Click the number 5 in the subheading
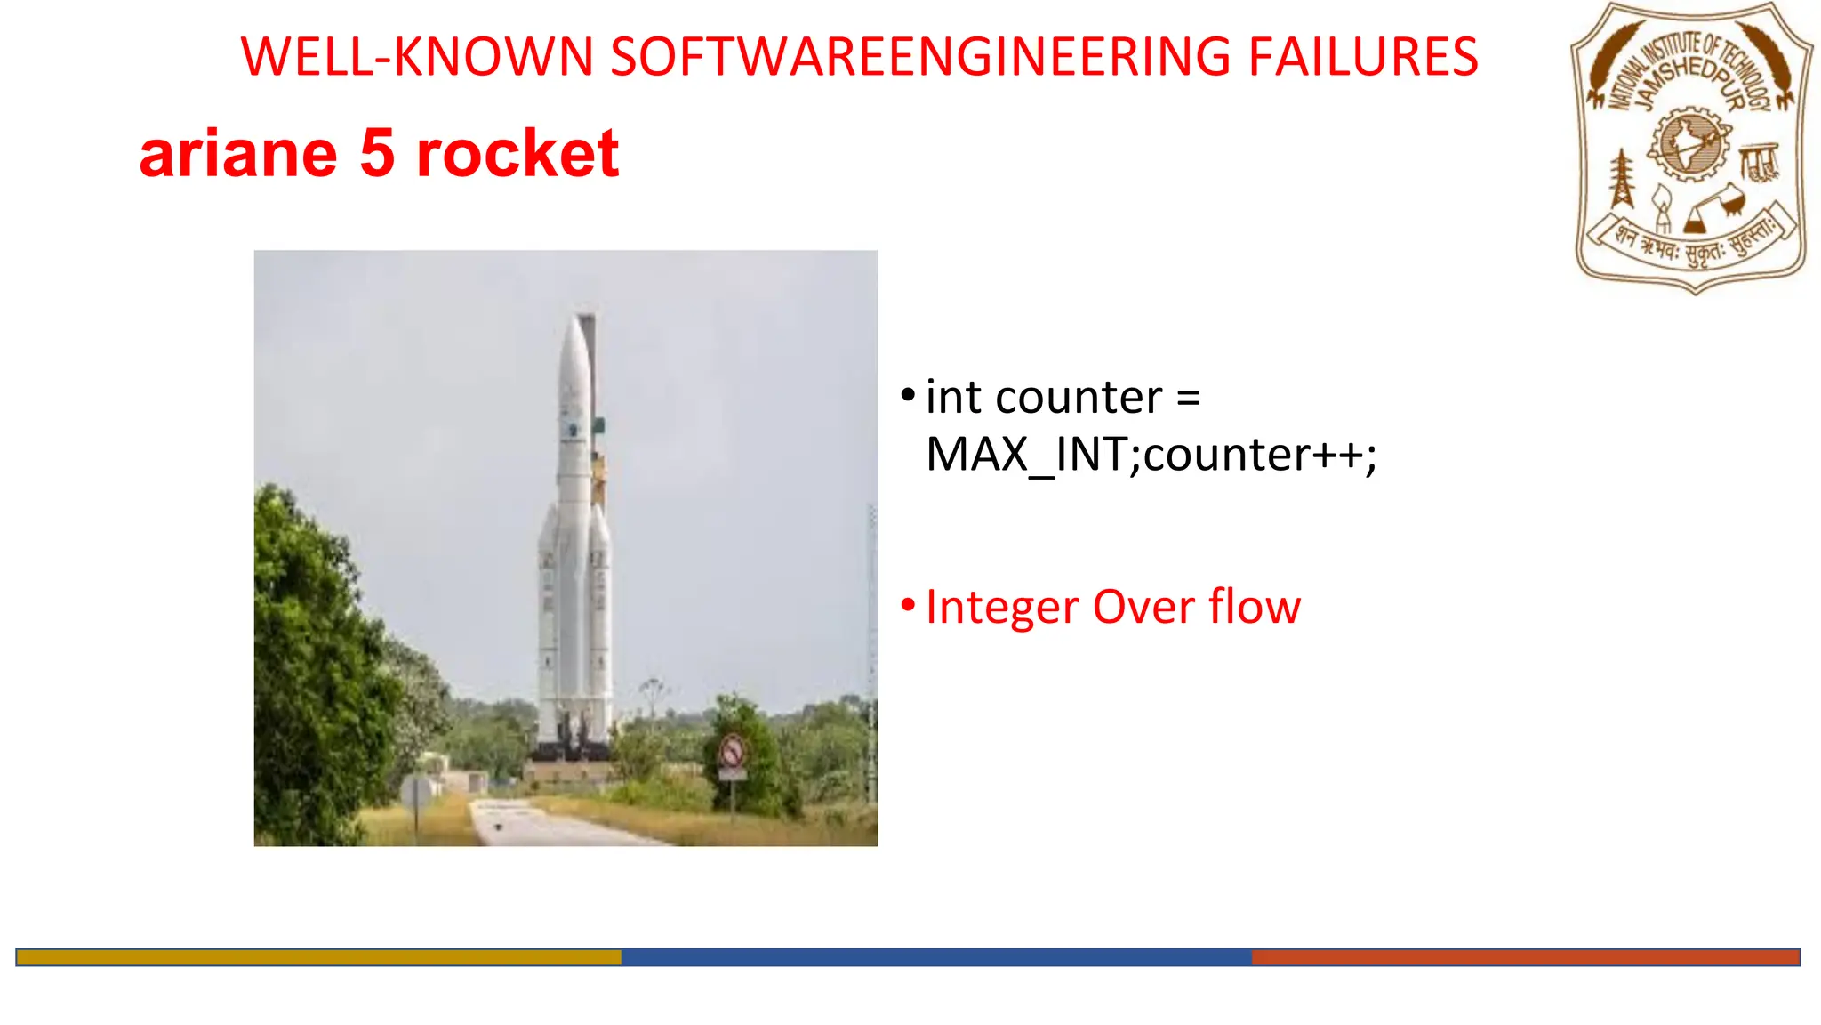click(377, 153)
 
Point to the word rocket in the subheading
click(517, 154)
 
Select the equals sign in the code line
click(1188, 398)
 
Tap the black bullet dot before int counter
click(908, 394)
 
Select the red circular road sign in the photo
click(732, 753)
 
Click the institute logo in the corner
click(1692, 147)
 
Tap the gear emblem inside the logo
click(1689, 143)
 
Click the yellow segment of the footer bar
click(318, 957)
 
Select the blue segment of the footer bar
click(935, 957)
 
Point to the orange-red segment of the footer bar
click(1525, 957)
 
